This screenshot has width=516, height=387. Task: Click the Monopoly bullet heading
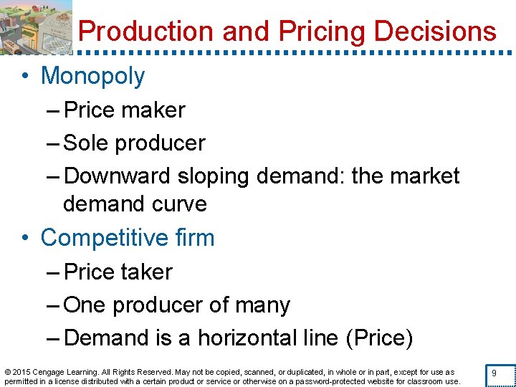(x=92, y=76)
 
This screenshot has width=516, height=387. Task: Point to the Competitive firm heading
(x=128, y=238)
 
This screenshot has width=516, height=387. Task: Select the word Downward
(x=117, y=176)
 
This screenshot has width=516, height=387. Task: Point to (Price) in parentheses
(x=379, y=338)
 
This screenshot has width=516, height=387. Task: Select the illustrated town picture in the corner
(x=36, y=27)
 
